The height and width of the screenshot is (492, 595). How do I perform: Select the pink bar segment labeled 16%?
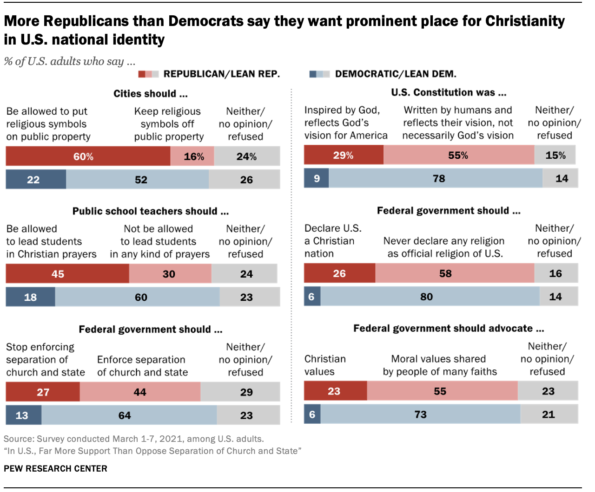click(192, 156)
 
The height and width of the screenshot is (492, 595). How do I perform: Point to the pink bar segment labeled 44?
click(140, 392)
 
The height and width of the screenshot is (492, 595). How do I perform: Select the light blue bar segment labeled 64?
click(129, 415)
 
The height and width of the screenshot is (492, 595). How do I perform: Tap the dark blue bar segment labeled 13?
click(24, 415)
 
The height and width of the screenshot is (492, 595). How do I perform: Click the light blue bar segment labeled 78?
click(436, 179)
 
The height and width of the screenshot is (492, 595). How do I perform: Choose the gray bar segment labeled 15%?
click(555, 155)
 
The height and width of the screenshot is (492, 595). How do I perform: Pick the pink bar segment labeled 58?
click(455, 273)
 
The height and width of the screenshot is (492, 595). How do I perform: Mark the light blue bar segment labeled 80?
click(430, 297)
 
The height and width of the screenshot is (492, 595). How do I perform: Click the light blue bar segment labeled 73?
click(420, 414)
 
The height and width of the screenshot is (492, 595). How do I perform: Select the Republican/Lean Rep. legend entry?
click(209, 74)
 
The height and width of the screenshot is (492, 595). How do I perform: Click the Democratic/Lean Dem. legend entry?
click(383, 74)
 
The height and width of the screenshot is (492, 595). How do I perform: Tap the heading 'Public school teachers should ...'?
click(151, 211)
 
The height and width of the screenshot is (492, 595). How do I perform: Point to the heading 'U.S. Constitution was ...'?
click(449, 92)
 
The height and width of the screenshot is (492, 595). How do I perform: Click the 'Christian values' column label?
click(325, 365)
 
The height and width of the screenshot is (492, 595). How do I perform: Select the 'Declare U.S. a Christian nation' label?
click(332, 241)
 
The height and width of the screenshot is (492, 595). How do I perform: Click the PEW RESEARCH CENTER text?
click(55, 469)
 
